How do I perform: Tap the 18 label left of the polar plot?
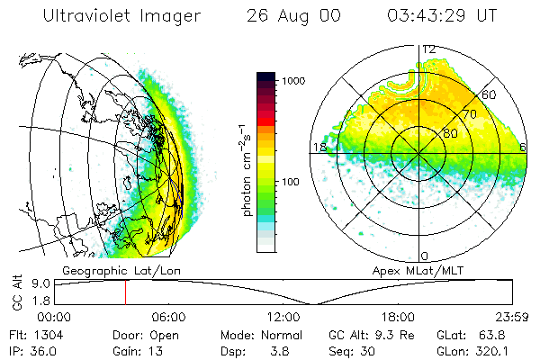coord(319,148)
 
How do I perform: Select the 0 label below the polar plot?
coord(423,256)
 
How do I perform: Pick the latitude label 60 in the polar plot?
coord(490,94)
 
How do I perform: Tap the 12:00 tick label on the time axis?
coord(283,317)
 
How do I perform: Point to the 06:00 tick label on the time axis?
coord(168,317)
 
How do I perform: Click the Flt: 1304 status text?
coord(31,335)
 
